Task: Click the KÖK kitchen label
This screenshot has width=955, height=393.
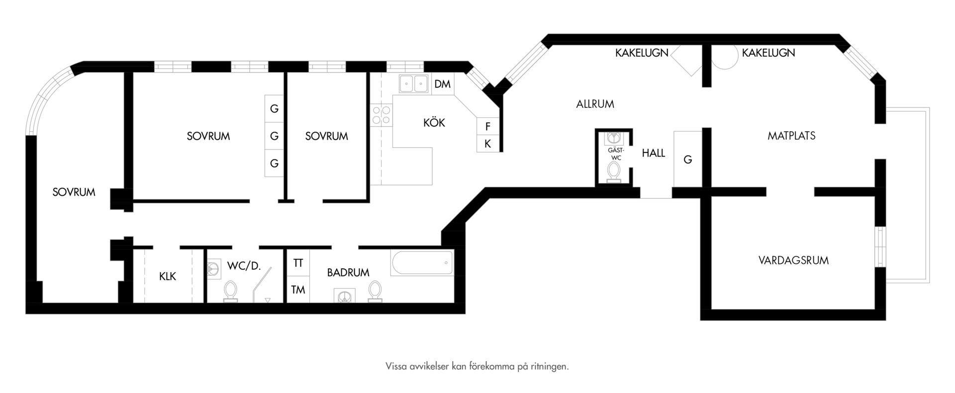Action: [x=434, y=123]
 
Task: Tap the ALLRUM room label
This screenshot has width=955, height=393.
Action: [x=595, y=104]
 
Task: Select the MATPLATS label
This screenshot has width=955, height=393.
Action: [x=791, y=136]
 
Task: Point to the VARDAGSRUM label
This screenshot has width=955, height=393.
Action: [x=793, y=260]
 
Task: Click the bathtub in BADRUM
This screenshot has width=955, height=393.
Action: [x=422, y=263]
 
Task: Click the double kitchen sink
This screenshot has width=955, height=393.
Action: [x=413, y=83]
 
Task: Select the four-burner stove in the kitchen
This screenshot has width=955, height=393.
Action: [x=381, y=115]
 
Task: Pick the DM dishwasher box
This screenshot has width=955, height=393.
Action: [x=442, y=84]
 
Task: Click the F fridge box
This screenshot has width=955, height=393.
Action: [x=487, y=126]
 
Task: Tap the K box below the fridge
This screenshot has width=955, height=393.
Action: [x=487, y=144]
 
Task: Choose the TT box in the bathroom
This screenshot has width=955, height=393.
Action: [x=298, y=263]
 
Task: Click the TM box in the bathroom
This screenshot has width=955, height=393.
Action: [x=298, y=289]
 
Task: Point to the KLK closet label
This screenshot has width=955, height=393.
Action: [x=168, y=276]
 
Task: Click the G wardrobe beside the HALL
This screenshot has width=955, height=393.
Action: [x=687, y=159]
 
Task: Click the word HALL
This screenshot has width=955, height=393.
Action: [x=653, y=154]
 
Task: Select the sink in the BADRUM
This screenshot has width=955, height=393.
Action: [x=344, y=296]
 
